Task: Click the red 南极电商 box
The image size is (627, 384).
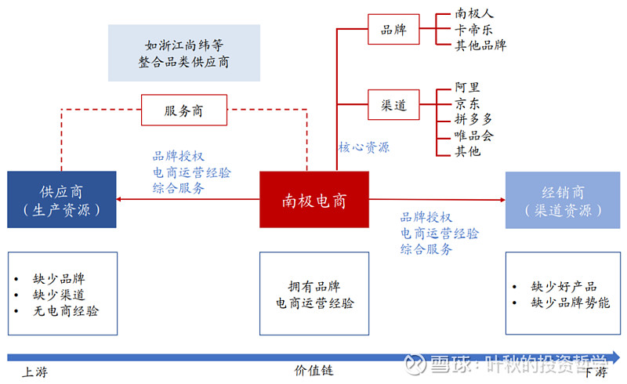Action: (313, 200)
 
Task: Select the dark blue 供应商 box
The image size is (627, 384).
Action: (61, 200)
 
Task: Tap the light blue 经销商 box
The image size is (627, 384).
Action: (563, 200)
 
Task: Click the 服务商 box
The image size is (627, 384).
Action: (183, 110)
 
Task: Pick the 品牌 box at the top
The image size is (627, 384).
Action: (393, 30)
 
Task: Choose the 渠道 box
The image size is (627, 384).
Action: (393, 105)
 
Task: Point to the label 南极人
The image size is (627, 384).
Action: (474, 13)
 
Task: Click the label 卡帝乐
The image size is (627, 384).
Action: (474, 29)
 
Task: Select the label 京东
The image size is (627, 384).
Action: (468, 103)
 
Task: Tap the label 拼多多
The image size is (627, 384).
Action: (474, 119)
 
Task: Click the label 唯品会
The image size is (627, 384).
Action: (474, 135)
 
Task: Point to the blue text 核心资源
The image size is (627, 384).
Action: (364, 147)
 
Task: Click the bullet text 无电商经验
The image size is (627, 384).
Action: (66, 311)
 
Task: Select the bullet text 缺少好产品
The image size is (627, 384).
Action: (564, 287)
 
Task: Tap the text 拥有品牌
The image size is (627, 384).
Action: (313, 287)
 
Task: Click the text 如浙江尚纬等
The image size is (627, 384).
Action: (183, 45)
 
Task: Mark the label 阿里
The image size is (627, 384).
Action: (468, 88)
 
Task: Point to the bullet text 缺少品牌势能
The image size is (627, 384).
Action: (570, 303)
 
